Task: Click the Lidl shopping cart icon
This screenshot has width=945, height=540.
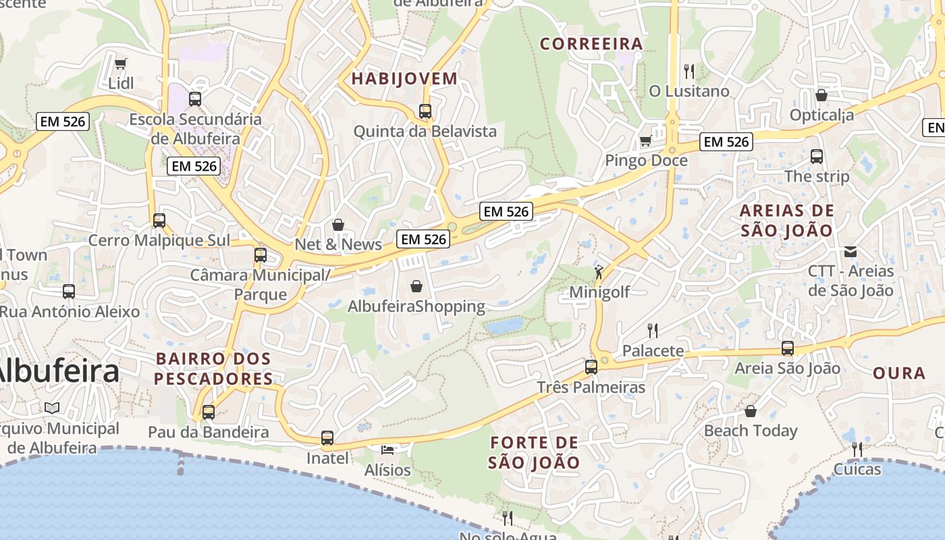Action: coord(121,64)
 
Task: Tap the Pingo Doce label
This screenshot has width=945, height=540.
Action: coord(646,161)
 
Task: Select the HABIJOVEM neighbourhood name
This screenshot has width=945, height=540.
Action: coord(404,78)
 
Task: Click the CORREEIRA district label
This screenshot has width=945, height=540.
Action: coord(591,44)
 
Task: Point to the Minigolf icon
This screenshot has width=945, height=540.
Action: coord(599,272)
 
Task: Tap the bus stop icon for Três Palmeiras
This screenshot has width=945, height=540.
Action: coord(591,367)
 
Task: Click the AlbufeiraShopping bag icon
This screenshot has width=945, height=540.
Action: coord(416,286)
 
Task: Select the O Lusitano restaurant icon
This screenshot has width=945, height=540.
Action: coord(689,71)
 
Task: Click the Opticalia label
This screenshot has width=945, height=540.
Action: coord(821,115)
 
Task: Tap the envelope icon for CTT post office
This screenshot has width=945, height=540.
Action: coord(850,252)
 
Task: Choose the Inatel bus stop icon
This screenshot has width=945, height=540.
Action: coord(327,438)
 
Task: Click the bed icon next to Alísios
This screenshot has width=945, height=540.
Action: coord(387,450)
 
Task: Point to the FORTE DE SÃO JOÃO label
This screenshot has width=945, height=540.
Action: coord(534,453)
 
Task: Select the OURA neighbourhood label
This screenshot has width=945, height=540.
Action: coord(898,373)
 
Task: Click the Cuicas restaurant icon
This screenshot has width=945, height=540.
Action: coord(857,449)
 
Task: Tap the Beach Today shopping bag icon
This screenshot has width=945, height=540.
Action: coord(751,410)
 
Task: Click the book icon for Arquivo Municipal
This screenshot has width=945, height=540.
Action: coord(52,408)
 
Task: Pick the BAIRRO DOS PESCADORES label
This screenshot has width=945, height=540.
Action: coord(213,369)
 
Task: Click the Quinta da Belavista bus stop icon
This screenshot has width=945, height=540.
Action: coord(425,111)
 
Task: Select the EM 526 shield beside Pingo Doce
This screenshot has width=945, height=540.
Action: coord(726,142)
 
